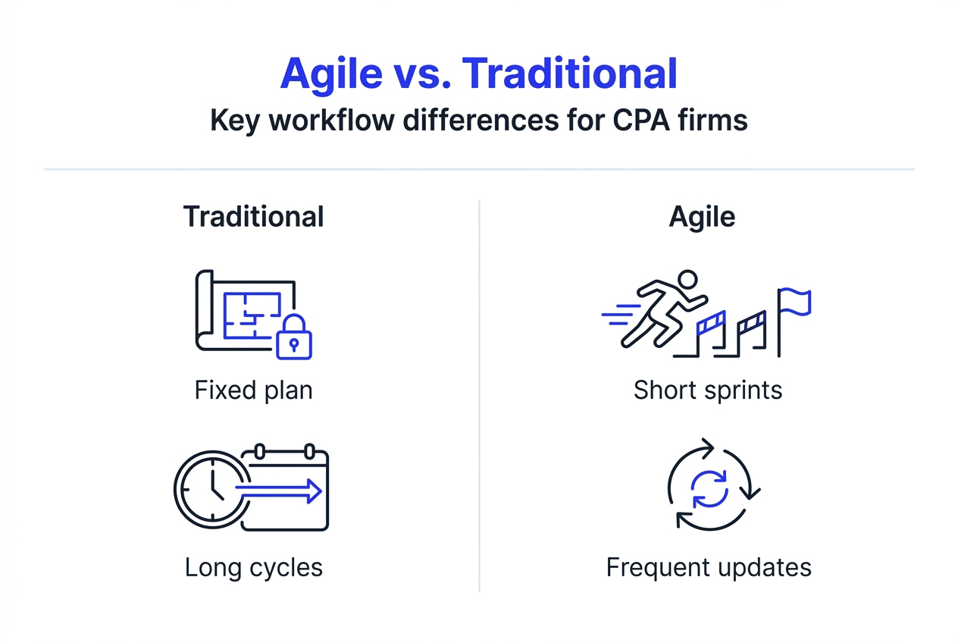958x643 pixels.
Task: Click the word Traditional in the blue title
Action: [569, 74]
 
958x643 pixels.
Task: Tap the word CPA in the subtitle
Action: [648, 121]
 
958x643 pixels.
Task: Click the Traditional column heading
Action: [253, 217]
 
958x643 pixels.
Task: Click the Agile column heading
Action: [702, 217]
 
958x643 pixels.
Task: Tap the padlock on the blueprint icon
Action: [294, 337]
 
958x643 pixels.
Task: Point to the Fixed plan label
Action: [253, 390]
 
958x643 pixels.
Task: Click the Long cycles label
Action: [253, 567]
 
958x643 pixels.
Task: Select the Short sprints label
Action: [708, 390]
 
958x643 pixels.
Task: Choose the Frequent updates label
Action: [709, 567]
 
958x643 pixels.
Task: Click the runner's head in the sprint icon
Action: [687, 279]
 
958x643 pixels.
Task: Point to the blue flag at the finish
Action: [796, 301]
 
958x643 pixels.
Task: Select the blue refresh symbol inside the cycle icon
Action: [710, 488]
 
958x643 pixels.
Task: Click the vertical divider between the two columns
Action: [479, 394]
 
